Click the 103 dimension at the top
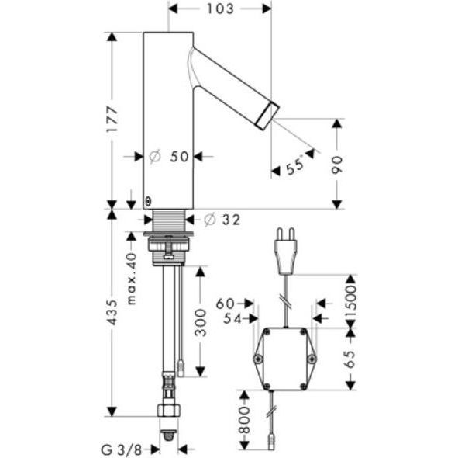coord(221,9)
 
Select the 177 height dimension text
coord(112,120)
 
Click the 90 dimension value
coord(337,165)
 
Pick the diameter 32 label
coord(222,220)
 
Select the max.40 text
coord(132,279)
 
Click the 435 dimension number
coord(112,312)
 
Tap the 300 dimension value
coord(201,322)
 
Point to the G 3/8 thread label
coord(122,449)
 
